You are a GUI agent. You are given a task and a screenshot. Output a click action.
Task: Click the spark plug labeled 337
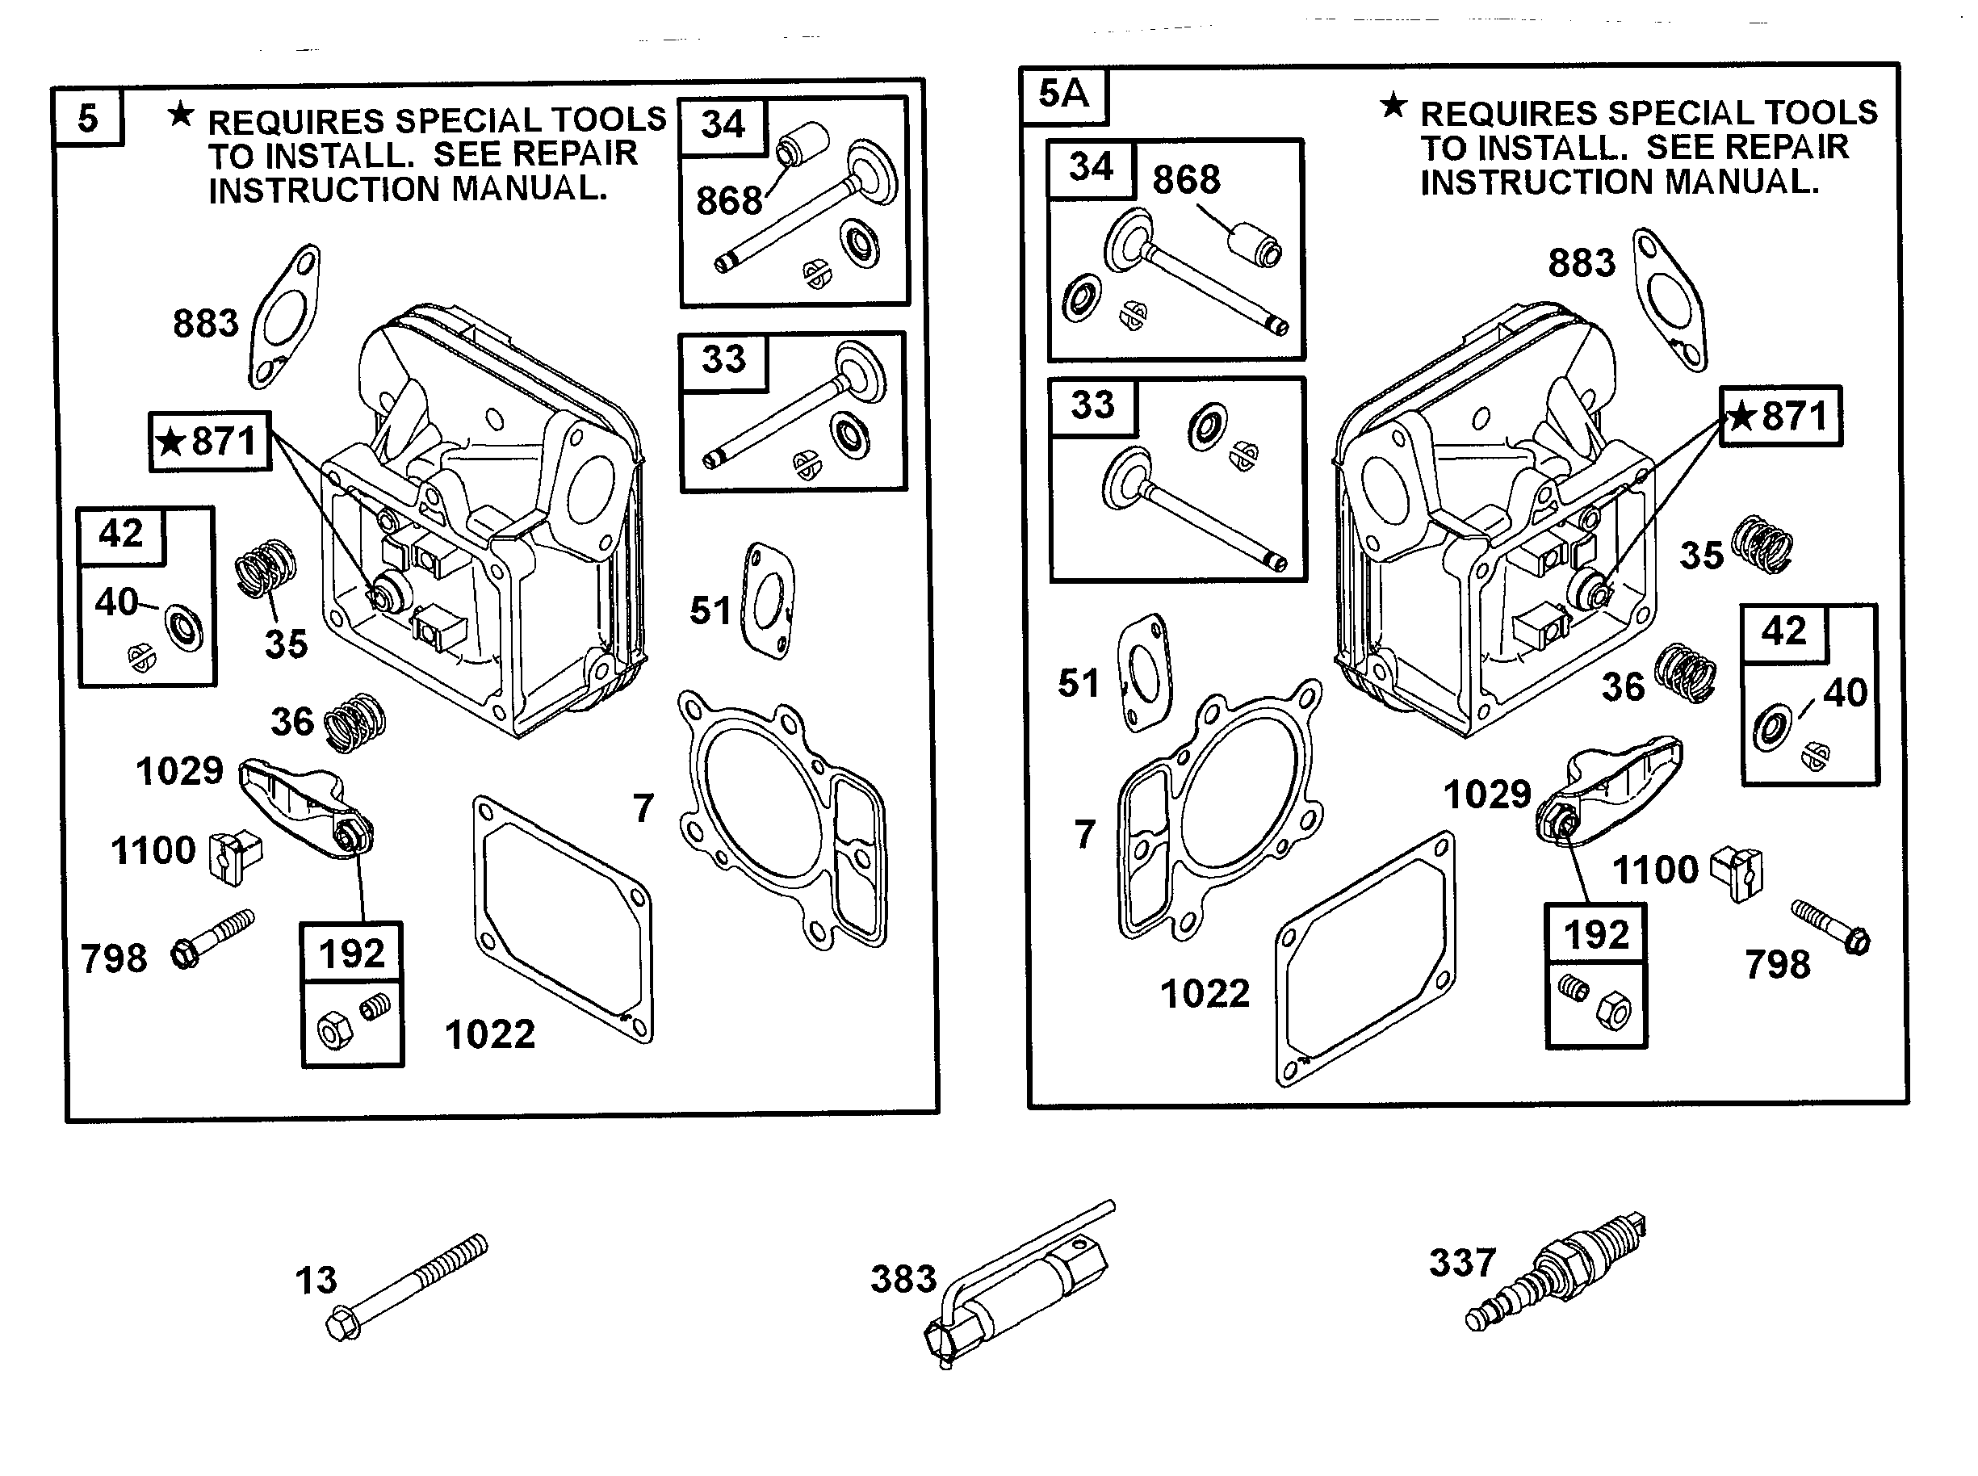[x=1554, y=1273]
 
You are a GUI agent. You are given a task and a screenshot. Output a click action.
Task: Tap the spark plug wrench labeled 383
[x=1019, y=1286]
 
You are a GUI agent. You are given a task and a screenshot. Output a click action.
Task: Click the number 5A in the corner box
[x=1062, y=94]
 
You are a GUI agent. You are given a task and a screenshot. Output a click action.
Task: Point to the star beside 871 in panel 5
[x=170, y=442]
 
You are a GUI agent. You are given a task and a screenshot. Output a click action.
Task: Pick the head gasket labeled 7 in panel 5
[x=782, y=822]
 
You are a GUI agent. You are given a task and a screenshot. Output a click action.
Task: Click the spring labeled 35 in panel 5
[x=266, y=568]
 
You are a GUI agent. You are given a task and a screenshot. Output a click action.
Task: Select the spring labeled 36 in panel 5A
[x=1685, y=672]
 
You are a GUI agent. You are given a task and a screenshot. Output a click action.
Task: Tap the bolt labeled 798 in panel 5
[x=212, y=938]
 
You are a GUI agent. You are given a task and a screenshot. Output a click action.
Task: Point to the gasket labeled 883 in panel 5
[x=284, y=317]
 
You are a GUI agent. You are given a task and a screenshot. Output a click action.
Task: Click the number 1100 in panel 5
[x=153, y=850]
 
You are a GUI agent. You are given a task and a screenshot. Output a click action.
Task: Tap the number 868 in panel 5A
[x=1185, y=179]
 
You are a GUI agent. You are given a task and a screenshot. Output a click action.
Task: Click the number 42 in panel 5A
[x=1783, y=632]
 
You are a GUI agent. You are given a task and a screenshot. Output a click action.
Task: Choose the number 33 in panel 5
[x=723, y=359]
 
